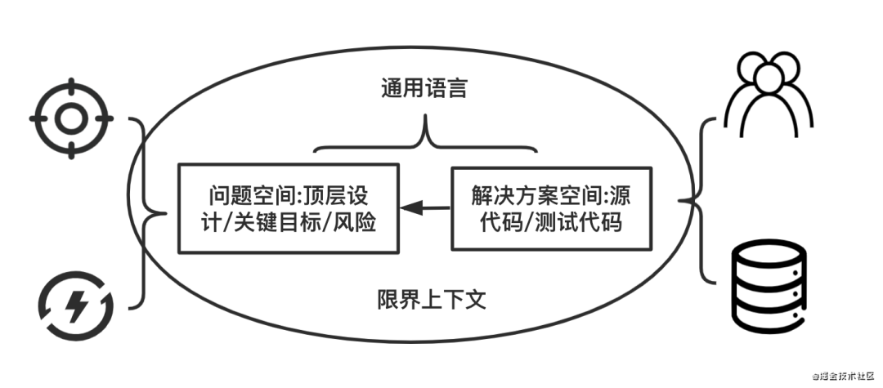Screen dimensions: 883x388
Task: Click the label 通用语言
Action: [424, 89]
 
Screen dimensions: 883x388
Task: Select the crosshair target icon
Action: [71, 118]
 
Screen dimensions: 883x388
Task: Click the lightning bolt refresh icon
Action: [75, 305]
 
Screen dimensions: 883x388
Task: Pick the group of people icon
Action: [769, 95]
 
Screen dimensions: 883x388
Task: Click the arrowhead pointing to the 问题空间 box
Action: [411, 208]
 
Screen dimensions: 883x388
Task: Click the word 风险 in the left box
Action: [354, 223]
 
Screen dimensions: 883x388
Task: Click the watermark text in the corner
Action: [842, 376]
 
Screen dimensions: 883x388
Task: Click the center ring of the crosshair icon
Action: [71, 118]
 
